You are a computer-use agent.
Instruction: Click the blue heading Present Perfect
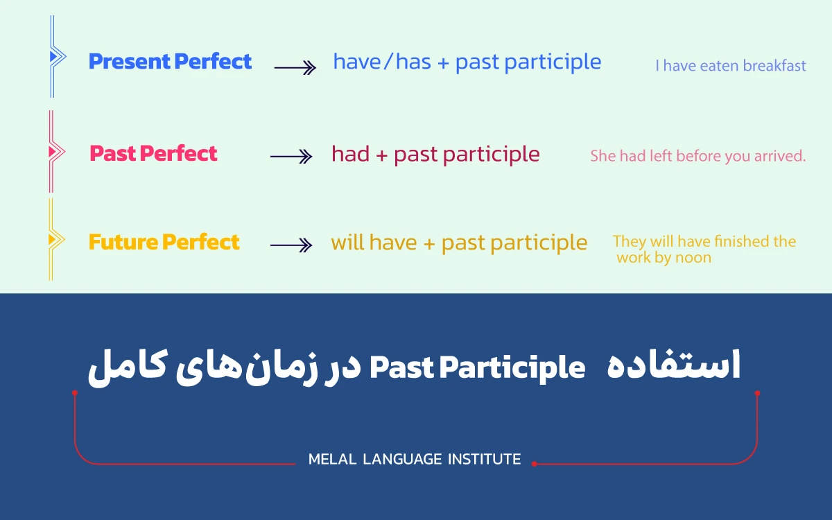[170, 62]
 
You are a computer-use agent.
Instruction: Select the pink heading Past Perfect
[153, 153]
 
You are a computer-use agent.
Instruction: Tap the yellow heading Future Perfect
[164, 242]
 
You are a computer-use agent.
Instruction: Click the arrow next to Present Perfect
[295, 67]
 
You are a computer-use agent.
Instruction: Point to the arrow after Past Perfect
[291, 157]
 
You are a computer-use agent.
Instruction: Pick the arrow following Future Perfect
[291, 245]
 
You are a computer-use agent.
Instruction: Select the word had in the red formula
[350, 154]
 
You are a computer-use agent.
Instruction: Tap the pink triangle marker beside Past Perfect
[52, 150]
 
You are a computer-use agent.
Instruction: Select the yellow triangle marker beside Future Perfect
[52, 239]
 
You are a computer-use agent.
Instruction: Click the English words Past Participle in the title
[477, 367]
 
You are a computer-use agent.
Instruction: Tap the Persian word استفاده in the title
[673, 365]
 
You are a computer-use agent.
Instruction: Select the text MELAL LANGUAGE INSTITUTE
[414, 459]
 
